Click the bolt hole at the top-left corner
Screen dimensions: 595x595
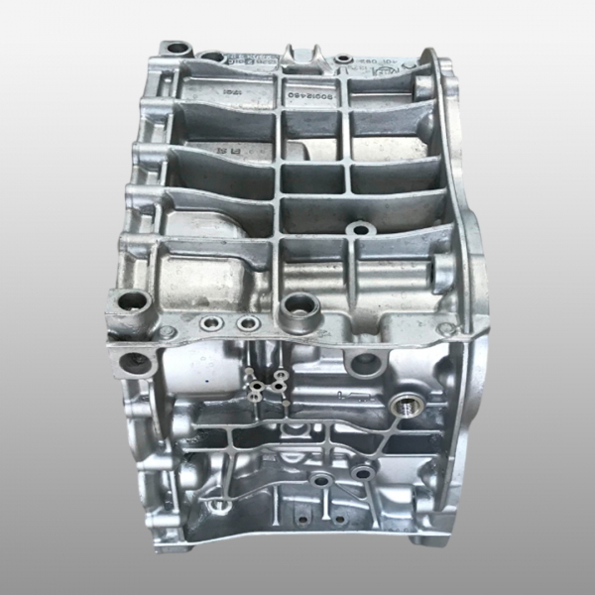tap(177, 47)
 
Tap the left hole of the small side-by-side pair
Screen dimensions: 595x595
tap(211, 323)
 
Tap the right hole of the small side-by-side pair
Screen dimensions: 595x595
tap(247, 324)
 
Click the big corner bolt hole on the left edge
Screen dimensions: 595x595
tap(128, 300)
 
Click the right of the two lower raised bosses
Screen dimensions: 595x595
tap(361, 473)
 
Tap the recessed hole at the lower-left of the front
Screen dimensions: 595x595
tap(220, 507)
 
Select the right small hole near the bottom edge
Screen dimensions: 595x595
tap(339, 519)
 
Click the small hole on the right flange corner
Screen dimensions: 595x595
tap(448, 328)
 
